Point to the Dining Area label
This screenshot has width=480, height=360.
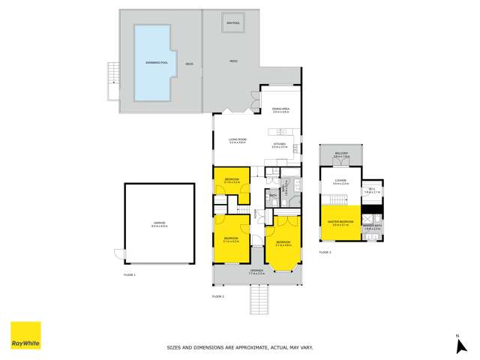[x=281, y=110]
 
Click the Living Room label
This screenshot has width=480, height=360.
[x=238, y=139]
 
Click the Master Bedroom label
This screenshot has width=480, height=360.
[x=341, y=222]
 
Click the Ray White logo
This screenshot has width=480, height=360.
[x=25, y=335]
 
